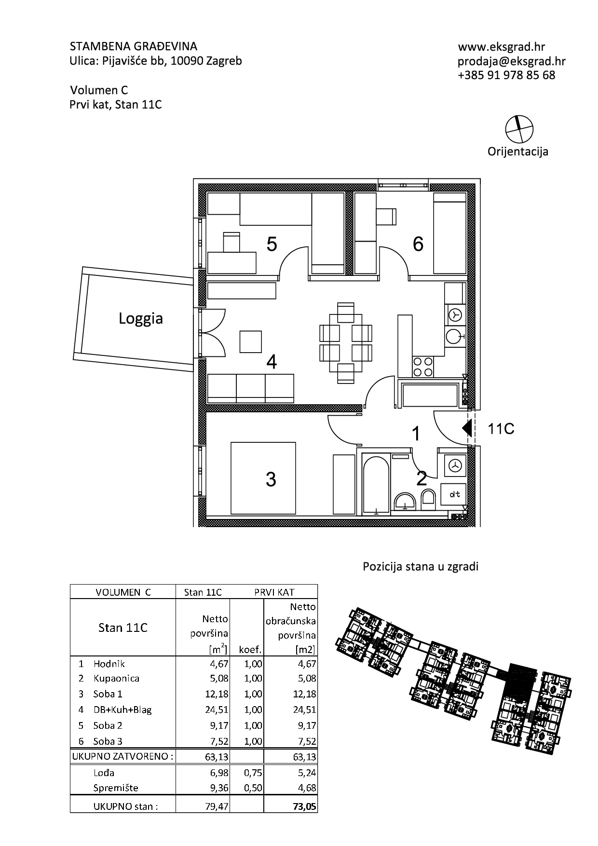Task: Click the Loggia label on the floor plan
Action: (141, 319)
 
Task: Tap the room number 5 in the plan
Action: (272, 245)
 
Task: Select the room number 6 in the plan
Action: (418, 244)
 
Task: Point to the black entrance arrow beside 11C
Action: (466, 428)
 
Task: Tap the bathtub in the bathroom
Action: (376, 484)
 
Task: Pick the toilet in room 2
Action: (428, 499)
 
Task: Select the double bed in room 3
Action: (263, 478)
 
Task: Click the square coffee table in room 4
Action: (251, 341)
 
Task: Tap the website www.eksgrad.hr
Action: (502, 47)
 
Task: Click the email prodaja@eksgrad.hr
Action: (511, 61)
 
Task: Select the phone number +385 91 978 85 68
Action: (506, 75)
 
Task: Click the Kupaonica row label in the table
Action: (116, 679)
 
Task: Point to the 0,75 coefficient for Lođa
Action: (253, 773)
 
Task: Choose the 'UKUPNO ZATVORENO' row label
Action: (122, 756)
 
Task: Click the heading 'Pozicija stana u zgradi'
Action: (421, 567)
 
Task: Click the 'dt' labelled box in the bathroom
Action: (454, 494)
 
